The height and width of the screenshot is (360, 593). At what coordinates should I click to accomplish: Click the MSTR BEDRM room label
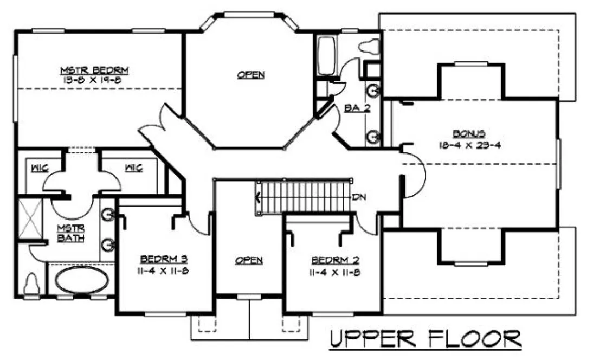tap(94, 70)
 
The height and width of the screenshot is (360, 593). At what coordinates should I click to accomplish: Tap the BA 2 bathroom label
tap(357, 108)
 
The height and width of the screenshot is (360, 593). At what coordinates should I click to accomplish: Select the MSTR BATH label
tap(71, 233)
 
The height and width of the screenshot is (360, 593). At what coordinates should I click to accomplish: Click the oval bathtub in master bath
tap(82, 280)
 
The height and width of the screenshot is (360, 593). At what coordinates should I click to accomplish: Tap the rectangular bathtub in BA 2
tap(326, 57)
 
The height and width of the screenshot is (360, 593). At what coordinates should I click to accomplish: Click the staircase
tap(304, 197)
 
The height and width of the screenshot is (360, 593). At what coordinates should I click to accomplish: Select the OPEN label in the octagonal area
tap(251, 75)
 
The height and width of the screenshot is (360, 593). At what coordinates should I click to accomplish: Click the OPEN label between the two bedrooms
tap(249, 261)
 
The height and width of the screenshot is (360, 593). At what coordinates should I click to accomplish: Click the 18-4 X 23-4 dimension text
tap(469, 145)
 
